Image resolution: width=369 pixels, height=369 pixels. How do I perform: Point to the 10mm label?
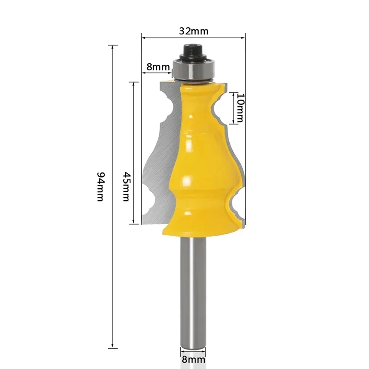tap(239, 106)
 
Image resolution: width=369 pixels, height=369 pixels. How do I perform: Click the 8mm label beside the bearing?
tap(158, 66)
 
